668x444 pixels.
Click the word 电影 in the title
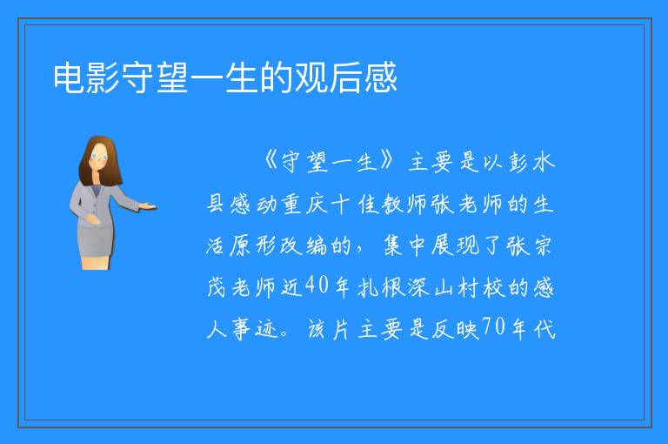(86, 77)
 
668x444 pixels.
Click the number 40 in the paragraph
(317, 285)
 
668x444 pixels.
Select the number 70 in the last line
(494, 327)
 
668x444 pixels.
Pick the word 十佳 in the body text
(355, 204)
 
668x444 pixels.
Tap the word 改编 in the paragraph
(304, 246)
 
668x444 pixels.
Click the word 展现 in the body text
(455, 246)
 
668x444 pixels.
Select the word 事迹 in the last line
(255, 329)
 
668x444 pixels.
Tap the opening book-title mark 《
(271, 161)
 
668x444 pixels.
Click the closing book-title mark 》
(389, 161)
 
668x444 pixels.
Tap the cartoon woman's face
(99, 157)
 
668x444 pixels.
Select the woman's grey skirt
(96, 240)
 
